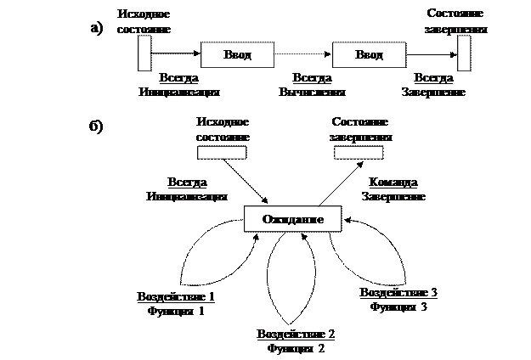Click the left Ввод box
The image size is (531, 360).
coord(238,55)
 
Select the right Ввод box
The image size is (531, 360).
coord(369,55)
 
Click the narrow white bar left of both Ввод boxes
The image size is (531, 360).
coord(144,54)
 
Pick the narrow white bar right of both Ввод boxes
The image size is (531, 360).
coord(464,54)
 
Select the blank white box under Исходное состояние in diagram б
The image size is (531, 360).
coord(222,153)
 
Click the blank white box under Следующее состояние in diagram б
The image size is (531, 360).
coord(359,153)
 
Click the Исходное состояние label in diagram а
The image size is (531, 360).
coord(144,21)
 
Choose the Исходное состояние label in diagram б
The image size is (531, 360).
coord(222,128)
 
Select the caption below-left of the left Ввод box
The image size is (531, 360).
coord(179,84)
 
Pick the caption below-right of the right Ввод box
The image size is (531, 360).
coord(433,84)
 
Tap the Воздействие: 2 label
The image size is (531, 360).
coord(297,341)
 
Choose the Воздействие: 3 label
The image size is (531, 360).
coord(398,299)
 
